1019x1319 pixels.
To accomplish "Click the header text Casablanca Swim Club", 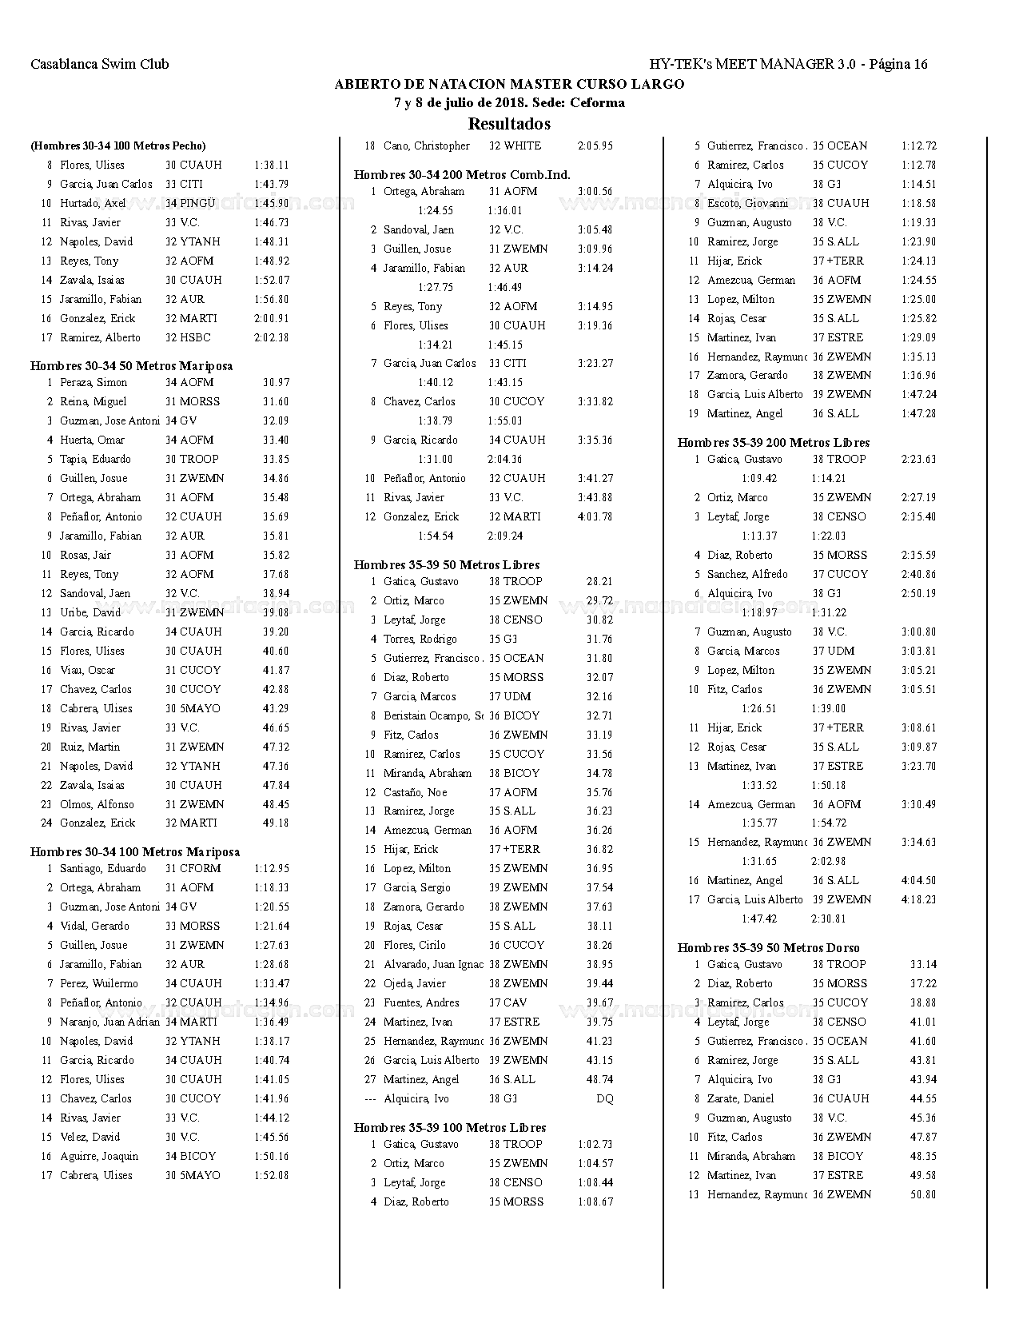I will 100,65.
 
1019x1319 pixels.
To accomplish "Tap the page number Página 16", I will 898,65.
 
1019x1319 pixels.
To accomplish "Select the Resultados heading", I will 509,124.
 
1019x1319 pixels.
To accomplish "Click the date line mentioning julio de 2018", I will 509,103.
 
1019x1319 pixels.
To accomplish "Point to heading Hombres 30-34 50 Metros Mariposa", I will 131,366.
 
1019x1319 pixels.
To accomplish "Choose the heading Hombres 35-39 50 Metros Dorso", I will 768,948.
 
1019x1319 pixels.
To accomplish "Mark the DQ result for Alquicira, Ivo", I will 604,1099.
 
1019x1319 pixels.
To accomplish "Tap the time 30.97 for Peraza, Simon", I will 276,383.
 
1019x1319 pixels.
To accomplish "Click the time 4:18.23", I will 918,900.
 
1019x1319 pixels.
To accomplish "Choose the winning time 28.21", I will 599,582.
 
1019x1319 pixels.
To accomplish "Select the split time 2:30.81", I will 828,919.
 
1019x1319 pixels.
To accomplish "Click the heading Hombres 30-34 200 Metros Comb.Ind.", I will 462,175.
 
